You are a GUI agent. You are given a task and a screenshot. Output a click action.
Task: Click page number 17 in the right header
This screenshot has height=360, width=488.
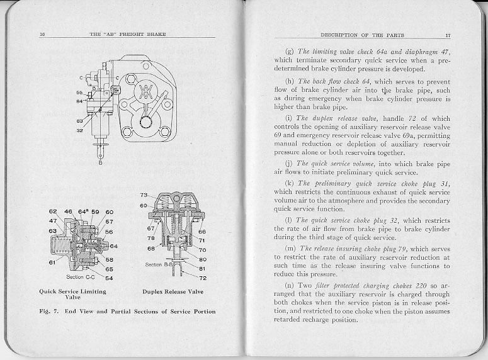[x=448, y=35]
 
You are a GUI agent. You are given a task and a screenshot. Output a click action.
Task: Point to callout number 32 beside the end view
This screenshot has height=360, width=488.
[x=80, y=131]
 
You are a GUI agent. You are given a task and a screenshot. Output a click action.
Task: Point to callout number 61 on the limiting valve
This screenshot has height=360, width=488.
[x=54, y=261]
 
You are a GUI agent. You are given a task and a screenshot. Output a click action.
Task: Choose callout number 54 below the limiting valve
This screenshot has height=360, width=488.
[x=109, y=278]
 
